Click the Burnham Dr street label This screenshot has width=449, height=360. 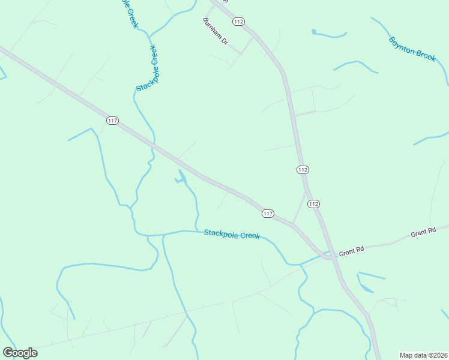pyautogui.click(x=216, y=31)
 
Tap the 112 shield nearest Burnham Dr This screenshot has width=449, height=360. pyautogui.click(x=239, y=22)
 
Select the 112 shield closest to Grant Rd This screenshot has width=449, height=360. pyautogui.click(x=313, y=204)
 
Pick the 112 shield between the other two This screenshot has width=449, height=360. pyautogui.click(x=303, y=170)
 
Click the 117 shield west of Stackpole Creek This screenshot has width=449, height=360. pyautogui.click(x=112, y=120)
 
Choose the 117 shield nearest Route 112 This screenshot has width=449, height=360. pyautogui.click(x=268, y=214)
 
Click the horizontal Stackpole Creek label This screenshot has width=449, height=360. pyautogui.click(x=232, y=235)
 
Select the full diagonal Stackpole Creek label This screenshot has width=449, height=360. pyautogui.click(x=147, y=68)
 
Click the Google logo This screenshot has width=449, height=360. pyautogui.click(x=20, y=352)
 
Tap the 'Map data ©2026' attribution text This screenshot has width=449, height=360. pyautogui.click(x=423, y=355)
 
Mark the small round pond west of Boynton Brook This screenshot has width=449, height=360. pyautogui.click(x=313, y=31)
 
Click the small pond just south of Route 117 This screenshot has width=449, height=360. pyautogui.click(x=179, y=178)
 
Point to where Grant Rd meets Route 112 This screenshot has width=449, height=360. pyautogui.click(x=329, y=255)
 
